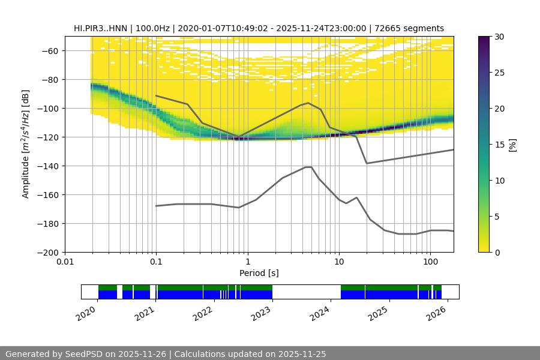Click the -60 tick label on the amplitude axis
(49, 50)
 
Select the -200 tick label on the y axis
(47, 252)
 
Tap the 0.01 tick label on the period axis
(65, 262)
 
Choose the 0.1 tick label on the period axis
(156, 262)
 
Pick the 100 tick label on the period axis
(430, 262)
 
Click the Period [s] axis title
(259, 273)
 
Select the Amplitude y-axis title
(25, 144)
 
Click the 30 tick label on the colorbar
(499, 37)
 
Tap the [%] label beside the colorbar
(512, 145)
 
